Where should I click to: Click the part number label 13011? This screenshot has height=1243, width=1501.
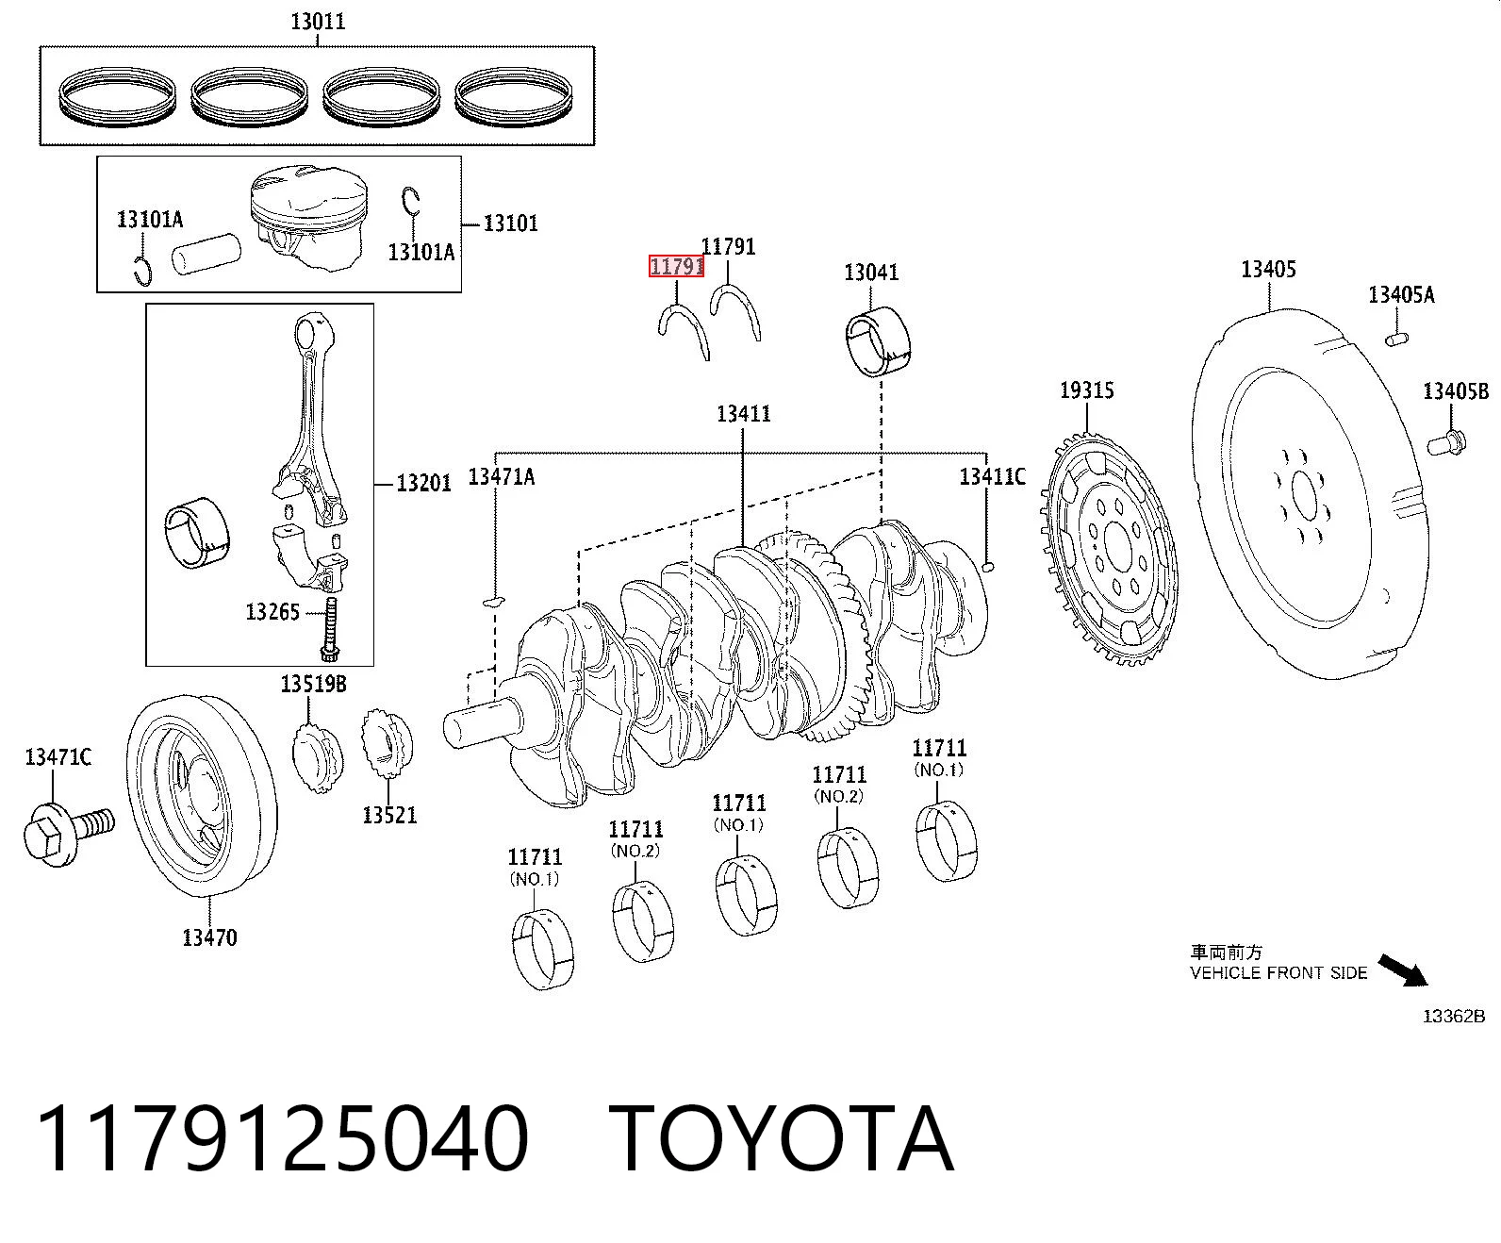tap(318, 22)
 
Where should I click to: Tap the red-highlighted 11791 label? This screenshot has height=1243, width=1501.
tap(676, 267)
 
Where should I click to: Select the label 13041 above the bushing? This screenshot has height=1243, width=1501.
tap(871, 273)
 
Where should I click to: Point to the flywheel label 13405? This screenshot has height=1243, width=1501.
tap(1269, 269)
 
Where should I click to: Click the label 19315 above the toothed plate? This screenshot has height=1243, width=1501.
tap(1087, 390)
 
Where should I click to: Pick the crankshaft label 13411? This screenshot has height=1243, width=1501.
tap(743, 414)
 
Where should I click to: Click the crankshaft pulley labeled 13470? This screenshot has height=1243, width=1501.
tap(202, 796)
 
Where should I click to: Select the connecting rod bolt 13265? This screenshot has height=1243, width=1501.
tap(331, 629)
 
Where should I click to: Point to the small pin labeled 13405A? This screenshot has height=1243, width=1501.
tap(1396, 339)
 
